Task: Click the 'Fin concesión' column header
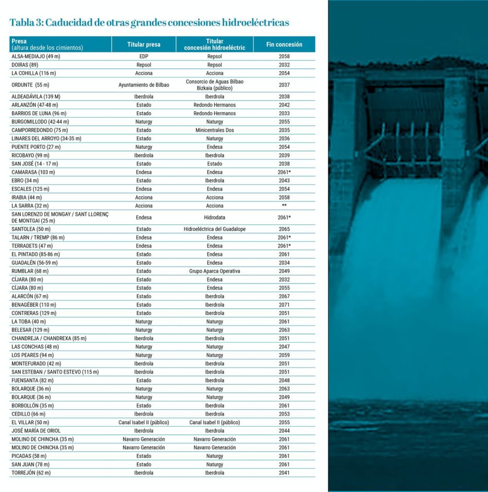click(284, 44)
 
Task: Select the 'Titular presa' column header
click(144, 44)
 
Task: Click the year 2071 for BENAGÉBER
click(284, 305)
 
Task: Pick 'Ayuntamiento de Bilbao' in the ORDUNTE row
click(144, 85)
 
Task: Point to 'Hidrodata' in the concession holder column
click(214, 217)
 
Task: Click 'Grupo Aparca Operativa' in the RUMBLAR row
click(214, 271)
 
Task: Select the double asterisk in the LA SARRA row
click(284, 206)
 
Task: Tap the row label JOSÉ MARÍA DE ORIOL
click(36, 430)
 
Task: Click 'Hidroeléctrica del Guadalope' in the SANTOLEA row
click(214, 229)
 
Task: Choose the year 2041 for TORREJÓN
click(284, 473)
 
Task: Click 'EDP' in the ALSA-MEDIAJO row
click(144, 56)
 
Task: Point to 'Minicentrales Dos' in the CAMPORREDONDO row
click(214, 130)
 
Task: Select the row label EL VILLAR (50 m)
click(30, 422)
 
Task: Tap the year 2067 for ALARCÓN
click(284, 296)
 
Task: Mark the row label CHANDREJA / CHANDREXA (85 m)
click(49, 338)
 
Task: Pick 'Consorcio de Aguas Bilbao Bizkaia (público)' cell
click(214, 85)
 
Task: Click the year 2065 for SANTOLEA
click(284, 229)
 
